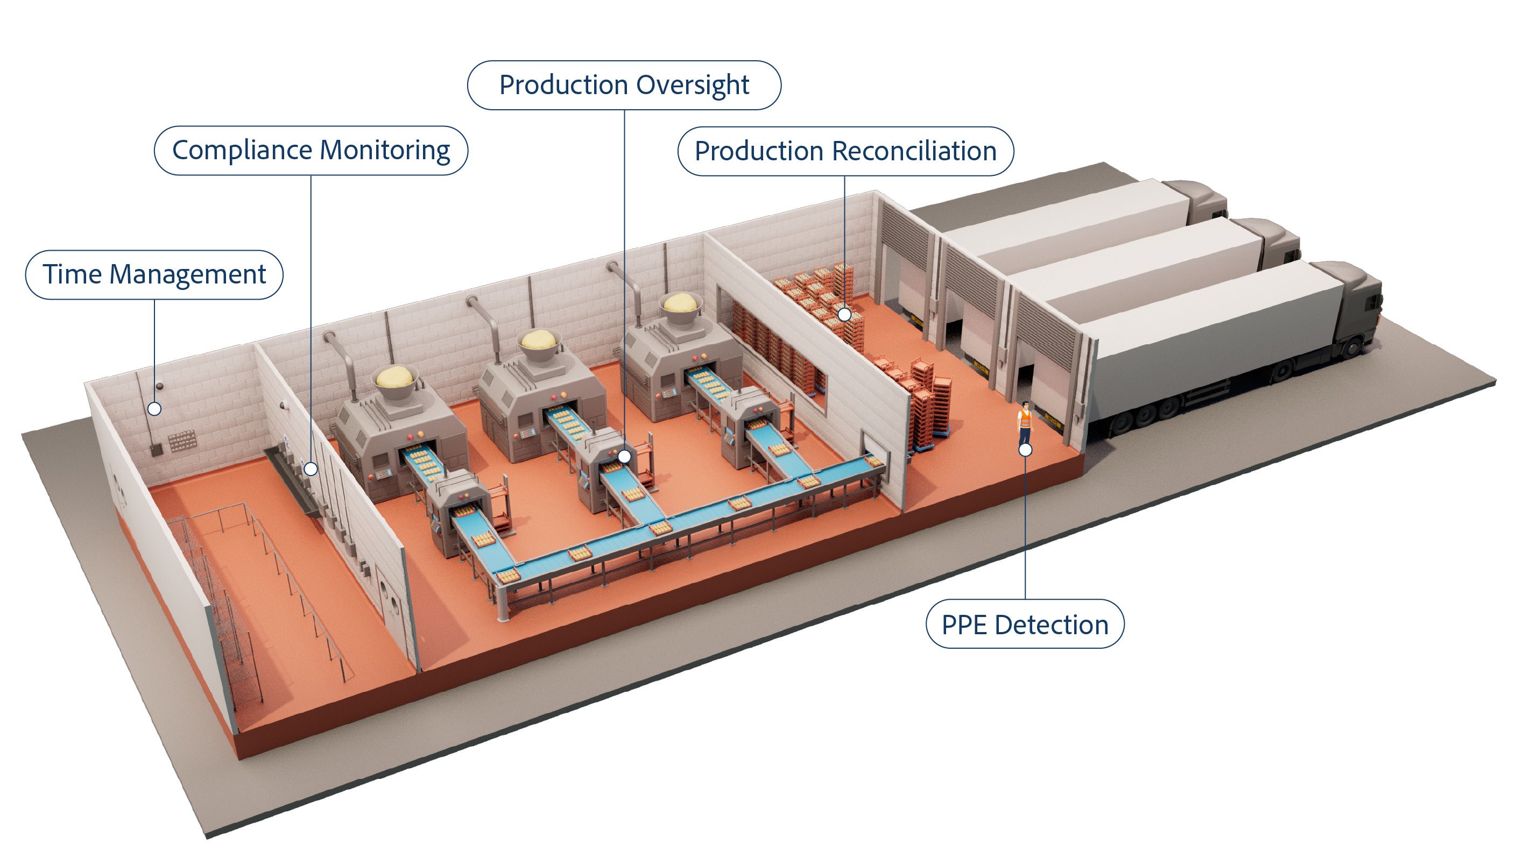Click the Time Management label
coord(154,274)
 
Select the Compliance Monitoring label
coord(311,150)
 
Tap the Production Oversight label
coord(624,85)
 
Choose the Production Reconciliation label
coord(845,151)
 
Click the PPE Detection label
coord(1025,625)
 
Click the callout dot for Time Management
coord(154,409)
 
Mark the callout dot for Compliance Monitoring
coord(311,469)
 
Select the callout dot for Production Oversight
coord(624,456)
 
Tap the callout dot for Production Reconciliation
coord(844,314)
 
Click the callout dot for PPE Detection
coord(1025,450)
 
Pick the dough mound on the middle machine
coord(540,340)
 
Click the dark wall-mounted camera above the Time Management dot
coord(159,386)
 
